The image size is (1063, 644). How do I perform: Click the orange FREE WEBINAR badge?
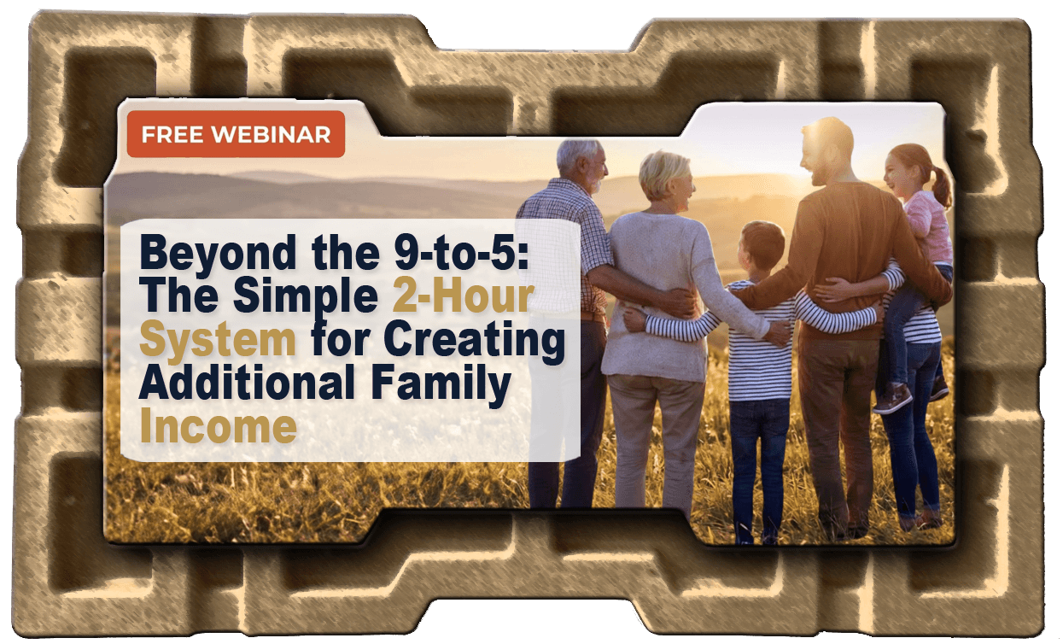pyautogui.click(x=236, y=134)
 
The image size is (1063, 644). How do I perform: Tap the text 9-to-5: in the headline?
pyautogui.click(x=461, y=253)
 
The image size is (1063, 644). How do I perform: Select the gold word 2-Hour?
pyautogui.click(x=463, y=296)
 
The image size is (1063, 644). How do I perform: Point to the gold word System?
pyautogui.click(x=218, y=341)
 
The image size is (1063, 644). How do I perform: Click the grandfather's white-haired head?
pyautogui.click(x=581, y=164)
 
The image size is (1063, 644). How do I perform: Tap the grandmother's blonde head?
pyautogui.click(x=665, y=177)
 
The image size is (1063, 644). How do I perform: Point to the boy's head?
pyautogui.click(x=761, y=247)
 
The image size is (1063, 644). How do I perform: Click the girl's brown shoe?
pyautogui.click(x=892, y=400)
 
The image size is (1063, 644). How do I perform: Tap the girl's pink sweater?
pyautogui.click(x=929, y=228)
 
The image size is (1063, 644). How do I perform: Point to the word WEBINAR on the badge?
pyautogui.click(x=271, y=135)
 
